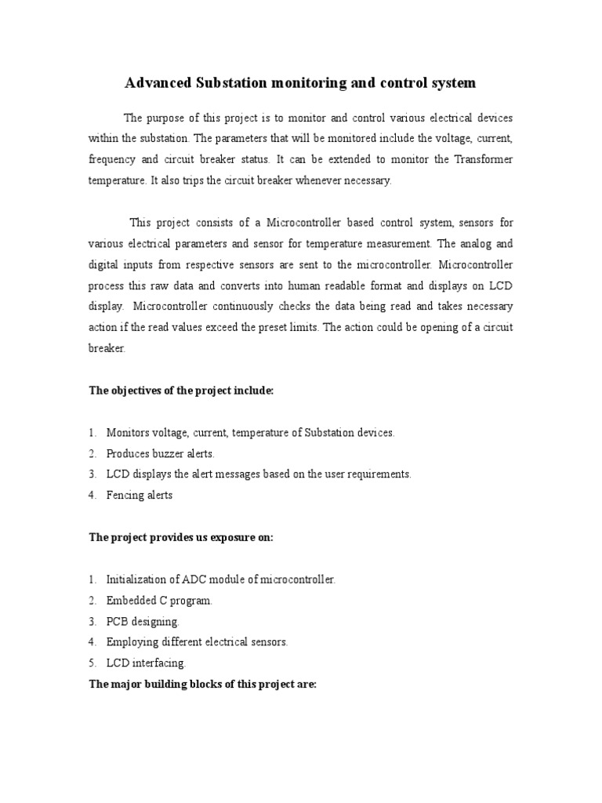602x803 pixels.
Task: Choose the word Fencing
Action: (125, 496)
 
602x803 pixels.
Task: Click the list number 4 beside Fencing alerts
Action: (92, 496)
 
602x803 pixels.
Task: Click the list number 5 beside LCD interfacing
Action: (92, 663)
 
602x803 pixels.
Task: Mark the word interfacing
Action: (158, 663)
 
